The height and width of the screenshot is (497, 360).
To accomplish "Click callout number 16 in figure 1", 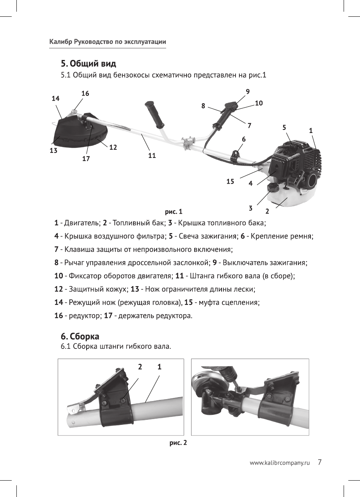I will pyautogui.click(x=85, y=94).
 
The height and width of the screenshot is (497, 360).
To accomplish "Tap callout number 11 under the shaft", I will pyautogui.click(x=152, y=156).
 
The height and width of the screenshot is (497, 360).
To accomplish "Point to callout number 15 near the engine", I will pyautogui.click(x=231, y=181).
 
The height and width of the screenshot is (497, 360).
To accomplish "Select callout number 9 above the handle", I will pyautogui.click(x=248, y=91).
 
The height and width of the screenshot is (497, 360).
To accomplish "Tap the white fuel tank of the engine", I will pyautogui.click(x=296, y=203).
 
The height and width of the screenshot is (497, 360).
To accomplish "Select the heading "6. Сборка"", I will pyautogui.click(x=80, y=336).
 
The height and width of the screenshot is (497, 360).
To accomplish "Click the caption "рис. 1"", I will pyautogui.click(x=174, y=212).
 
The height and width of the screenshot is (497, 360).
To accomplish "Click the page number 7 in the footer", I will pyautogui.click(x=319, y=462).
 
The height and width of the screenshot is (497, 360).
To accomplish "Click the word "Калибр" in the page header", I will pyautogui.click(x=60, y=42).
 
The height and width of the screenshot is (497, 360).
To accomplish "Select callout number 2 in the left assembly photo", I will pyautogui.click(x=140, y=366).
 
